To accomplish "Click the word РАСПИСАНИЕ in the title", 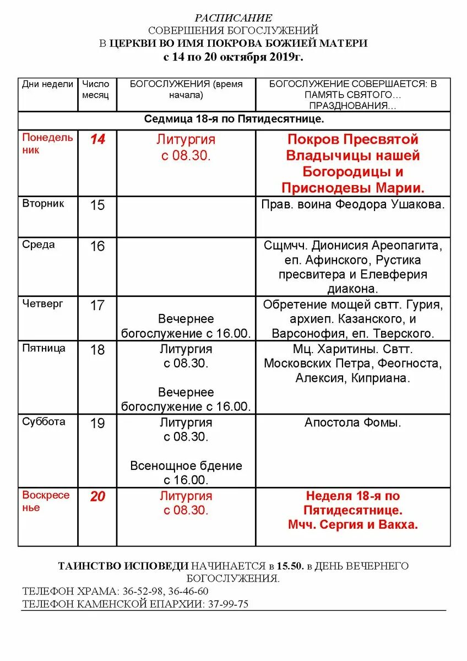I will (x=233, y=18).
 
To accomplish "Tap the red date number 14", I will (x=97, y=139).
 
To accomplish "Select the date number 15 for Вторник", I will (x=97, y=205).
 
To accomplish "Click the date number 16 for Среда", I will (x=97, y=246).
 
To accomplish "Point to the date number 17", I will (x=97, y=305).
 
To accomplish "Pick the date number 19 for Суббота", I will (x=97, y=424).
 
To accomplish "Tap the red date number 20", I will (x=97, y=497).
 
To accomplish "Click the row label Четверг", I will (x=42, y=304).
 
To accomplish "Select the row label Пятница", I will (x=44, y=348).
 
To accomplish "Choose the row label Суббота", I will (x=44, y=422).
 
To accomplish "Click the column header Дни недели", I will (x=47, y=84).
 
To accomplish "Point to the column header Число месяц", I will (x=96, y=89).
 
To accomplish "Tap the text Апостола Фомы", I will (x=353, y=423).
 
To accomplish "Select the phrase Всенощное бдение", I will (x=186, y=466).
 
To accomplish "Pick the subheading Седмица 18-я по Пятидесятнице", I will (x=234, y=119).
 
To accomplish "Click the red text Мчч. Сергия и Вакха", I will (x=353, y=525).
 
